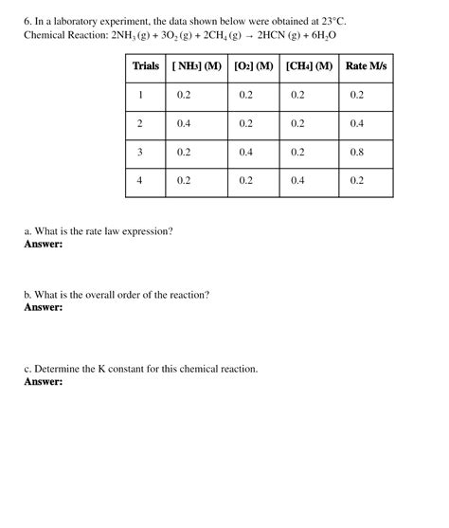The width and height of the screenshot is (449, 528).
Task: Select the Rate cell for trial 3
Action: [357, 152]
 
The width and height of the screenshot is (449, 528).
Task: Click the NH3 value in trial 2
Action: [184, 123]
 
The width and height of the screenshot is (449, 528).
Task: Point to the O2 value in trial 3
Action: [246, 152]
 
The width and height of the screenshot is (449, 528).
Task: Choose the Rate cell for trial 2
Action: [357, 123]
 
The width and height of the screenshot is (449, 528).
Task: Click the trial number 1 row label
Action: [140, 95]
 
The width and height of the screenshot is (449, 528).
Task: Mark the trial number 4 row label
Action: [140, 180]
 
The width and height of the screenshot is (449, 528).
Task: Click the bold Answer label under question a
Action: [44, 244]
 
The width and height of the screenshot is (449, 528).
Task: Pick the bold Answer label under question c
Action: [44, 382]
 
